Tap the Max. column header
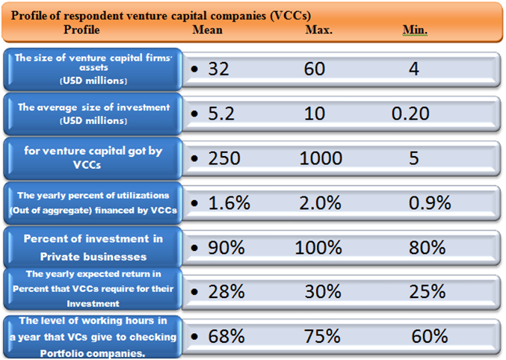(319, 30)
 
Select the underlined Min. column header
(415, 30)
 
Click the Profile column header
(81, 30)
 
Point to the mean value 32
(218, 69)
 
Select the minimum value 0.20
(411, 114)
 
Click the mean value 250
(223, 158)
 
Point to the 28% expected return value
(223, 291)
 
